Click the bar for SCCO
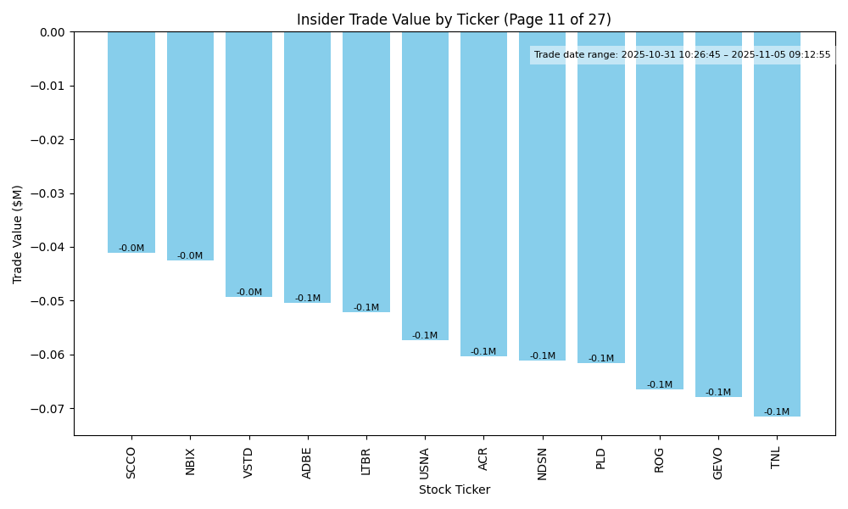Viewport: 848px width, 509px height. click(x=131, y=142)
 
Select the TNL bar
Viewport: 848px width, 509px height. click(x=777, y=224)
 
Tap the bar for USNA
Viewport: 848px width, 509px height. click(x=425, y=186)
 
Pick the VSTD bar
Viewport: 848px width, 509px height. click(x=248, y=164)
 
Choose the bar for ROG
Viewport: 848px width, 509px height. click(x=660, y=210)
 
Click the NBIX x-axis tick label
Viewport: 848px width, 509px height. click(x=190, y=461)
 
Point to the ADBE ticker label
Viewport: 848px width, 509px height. click(x=308, y=462)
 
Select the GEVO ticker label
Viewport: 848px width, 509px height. click(x=718, y=463)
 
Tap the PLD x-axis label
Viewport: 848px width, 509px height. click(x=601, y=459)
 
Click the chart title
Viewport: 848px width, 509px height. click(x=454, y=20)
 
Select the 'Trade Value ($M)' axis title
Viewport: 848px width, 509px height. click(x=18, y=233)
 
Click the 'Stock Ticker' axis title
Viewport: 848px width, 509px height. click(x=454, y=489)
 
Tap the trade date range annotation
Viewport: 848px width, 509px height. click(x=682, y=55)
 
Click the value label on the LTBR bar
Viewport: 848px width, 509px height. click(x=366, y=307)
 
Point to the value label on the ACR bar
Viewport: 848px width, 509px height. click(x=483, y=351)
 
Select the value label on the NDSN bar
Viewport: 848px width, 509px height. click(x=543, y=355)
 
